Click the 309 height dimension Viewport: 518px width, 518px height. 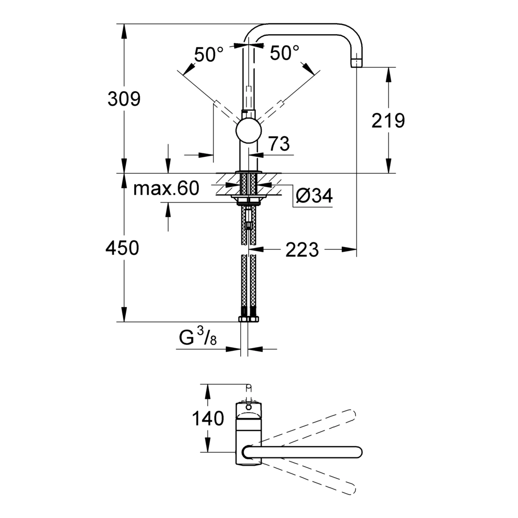click(124, 99)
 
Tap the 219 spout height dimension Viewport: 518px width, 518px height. click(388, 120)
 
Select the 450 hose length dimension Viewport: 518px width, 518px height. click(122, 248)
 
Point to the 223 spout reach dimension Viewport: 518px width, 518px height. click(302, 250)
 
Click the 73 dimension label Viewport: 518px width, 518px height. click(279, 143)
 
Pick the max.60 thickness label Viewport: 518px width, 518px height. click(166, 189)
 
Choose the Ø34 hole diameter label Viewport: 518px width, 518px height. click(314, 196)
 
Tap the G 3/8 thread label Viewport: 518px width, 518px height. click(198, 337)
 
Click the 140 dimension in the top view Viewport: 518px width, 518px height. click(208, 418)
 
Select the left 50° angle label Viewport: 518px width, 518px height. click(209, 54)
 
